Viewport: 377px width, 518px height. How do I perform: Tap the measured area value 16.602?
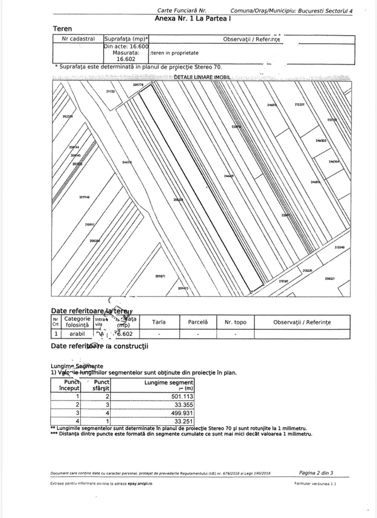click(x=126, y=58)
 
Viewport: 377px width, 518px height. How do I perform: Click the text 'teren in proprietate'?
click(x=175, y=52)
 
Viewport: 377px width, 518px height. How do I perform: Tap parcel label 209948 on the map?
click(x=85, y=197)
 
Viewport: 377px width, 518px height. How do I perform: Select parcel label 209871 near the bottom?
click(x=161, y=276)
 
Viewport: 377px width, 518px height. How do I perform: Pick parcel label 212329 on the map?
click(x=299, y=105)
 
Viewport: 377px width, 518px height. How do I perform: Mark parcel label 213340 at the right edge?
click(x=340, y=247)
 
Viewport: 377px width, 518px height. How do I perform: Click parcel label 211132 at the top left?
click(x=111, y=91)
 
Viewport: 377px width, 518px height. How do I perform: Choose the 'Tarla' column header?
click(x=159, y=322)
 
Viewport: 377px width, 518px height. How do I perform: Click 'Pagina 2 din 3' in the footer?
click(x=316, y=473)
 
